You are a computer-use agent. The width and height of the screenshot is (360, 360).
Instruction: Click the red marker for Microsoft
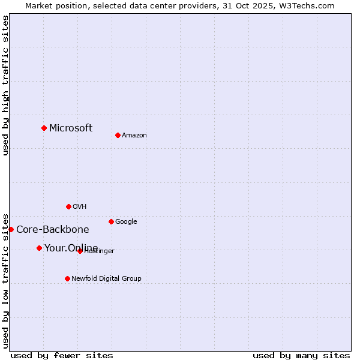(x=44, y=128)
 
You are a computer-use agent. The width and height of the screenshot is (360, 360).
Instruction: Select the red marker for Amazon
(x=118, y=135)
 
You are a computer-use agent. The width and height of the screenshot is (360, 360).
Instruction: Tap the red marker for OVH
(x=68, y=206)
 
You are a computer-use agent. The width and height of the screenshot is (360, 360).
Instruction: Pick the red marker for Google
(x=111, y=221)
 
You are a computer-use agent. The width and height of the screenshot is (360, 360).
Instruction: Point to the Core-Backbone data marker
(x=11, y=229)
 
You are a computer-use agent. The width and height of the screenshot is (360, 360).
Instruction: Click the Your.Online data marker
(x=39, y=248)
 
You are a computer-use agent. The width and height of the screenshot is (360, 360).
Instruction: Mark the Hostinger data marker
(x=80, y=251)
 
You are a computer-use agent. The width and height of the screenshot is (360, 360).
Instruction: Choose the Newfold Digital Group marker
(x=67, y=278)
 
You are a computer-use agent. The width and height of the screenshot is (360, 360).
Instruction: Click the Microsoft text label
(x=71, y=128)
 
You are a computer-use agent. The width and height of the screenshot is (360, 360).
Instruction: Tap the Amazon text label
(x=134, y=136)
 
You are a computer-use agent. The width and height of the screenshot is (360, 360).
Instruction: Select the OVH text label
(x=80, y=207)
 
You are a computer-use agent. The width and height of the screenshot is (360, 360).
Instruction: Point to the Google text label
(x=126, y=222)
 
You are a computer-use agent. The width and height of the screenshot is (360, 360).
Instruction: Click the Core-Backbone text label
(x=53, y=229)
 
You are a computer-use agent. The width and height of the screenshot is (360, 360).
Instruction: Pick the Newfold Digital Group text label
(x=106, y=278)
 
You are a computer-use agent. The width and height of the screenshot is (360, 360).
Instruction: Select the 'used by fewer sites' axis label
(x=62, y=355)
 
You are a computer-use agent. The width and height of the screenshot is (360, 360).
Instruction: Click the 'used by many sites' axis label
(x=301, y=355)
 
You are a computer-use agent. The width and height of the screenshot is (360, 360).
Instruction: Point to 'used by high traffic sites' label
(x=5, y=86)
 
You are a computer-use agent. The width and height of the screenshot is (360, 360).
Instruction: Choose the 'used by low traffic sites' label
(x=5, y=280)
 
